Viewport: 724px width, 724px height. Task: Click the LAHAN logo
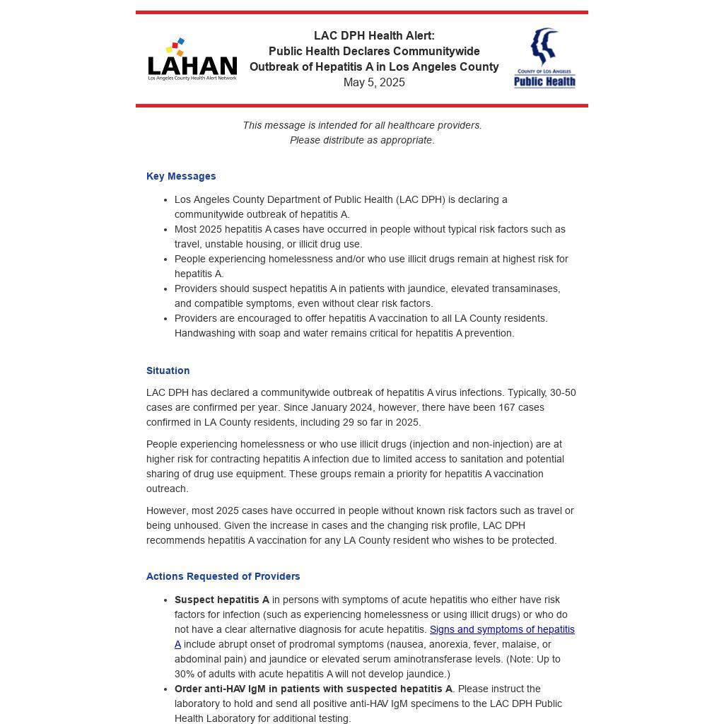click(192, 60)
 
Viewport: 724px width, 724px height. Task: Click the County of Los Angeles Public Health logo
click(544, 59)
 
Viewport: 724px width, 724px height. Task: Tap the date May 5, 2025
click(374, 83)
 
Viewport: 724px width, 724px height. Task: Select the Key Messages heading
click(181, 176)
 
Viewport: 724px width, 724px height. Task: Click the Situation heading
click(168, 370)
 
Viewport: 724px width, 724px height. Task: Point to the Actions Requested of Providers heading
click(223, 576)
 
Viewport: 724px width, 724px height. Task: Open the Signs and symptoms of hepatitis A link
click(501, 629)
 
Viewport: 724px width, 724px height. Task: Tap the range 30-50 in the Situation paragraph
click(563, 392)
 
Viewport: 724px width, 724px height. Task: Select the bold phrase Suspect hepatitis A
click(221, 600)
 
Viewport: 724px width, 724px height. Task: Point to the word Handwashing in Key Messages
click(204, 333)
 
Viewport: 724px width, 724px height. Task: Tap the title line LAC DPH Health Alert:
click(374, 36)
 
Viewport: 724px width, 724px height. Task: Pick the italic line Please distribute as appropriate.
click(362, 140)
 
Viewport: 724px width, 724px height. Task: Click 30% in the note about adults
click(185, 674)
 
